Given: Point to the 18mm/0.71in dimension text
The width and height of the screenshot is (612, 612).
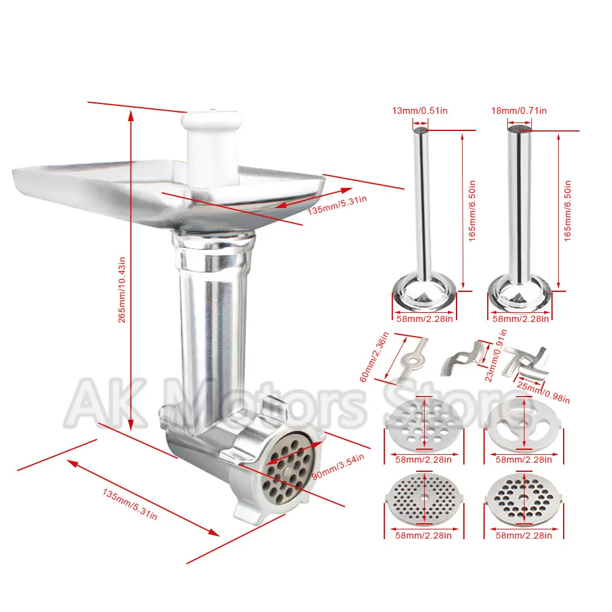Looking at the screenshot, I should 519,110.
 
